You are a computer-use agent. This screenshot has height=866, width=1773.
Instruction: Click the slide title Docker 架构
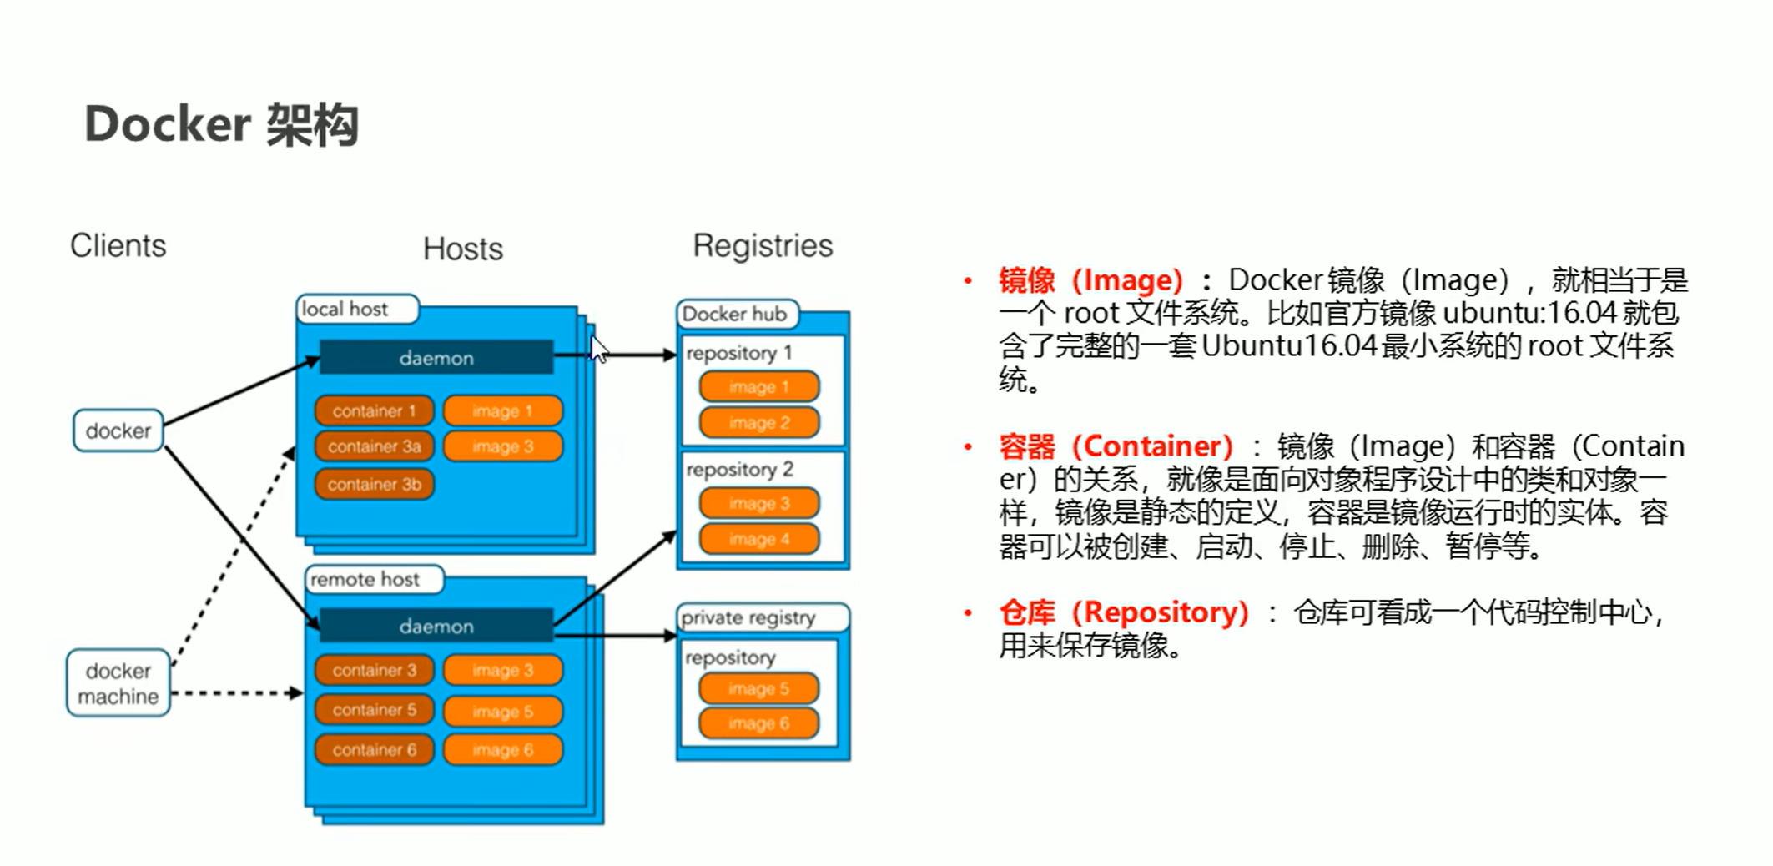click(x=221, y=125)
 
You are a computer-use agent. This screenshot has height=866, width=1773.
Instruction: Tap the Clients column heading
click(x=118, y=246)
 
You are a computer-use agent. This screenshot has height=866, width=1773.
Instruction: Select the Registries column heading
click(x=763, y=246)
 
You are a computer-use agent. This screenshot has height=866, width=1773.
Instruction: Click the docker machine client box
click(x=118, y=683)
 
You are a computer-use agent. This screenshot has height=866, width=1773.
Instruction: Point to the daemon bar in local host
click(x=436, y=358)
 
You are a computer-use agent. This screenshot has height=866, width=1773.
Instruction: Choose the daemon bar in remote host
click(x=436, y=626)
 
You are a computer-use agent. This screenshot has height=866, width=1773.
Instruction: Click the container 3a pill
click(x=374, y=446)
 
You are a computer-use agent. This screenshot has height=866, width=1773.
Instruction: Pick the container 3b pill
click(x=374, y=484)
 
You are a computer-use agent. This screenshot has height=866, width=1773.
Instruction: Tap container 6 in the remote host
click(x=374, y=749)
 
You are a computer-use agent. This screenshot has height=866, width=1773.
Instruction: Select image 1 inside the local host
click(x=502, y=410)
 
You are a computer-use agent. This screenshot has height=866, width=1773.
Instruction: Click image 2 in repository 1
click(x=758, y=423)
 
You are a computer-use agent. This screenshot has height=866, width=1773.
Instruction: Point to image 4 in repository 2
click(x=758, y=539)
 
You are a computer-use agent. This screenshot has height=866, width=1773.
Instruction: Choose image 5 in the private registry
click(x=758, y=689)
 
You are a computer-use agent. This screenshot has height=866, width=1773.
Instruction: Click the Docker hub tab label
click(x=734, y=314)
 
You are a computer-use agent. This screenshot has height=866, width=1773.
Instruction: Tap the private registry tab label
click(x=748, y=617)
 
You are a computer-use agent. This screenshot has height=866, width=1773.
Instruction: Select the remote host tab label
click(x=365, y=579)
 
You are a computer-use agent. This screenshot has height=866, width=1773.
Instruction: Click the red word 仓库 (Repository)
click(x=1123, y=612)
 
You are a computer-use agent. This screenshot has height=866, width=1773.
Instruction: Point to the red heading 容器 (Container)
click(x=1116, y=446)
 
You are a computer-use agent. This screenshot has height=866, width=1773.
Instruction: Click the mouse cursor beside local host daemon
click(x=598, y=349)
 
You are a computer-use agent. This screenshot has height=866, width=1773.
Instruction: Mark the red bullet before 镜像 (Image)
click(x=968, y=281)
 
